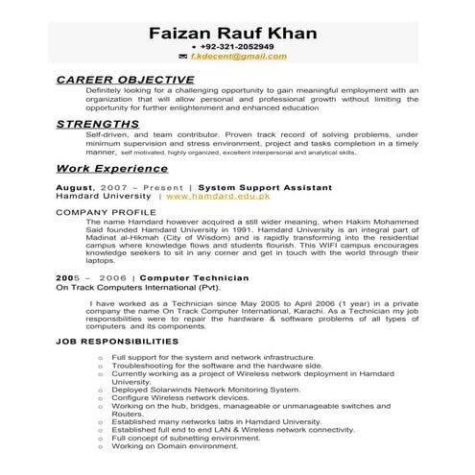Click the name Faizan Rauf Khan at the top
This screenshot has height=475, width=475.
pos(233,34)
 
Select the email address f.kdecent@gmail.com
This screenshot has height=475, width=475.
pos(238,57)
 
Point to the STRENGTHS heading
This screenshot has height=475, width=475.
pos(97,125)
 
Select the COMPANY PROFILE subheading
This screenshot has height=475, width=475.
pos(104,210)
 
